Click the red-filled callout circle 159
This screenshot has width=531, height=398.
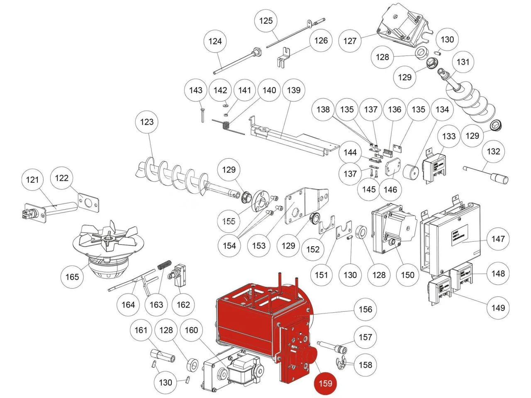(325, 383)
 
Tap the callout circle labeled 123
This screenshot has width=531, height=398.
(147, 122)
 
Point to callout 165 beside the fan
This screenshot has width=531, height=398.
(72, 276)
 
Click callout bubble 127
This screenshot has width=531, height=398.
(350, 41)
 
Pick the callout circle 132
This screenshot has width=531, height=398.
(493, 151)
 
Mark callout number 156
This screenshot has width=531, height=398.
(365, 309)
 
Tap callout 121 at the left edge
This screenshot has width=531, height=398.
(32, 180)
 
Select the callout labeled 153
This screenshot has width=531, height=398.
(259, 245)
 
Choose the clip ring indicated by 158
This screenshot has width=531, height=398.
(341, 363)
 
